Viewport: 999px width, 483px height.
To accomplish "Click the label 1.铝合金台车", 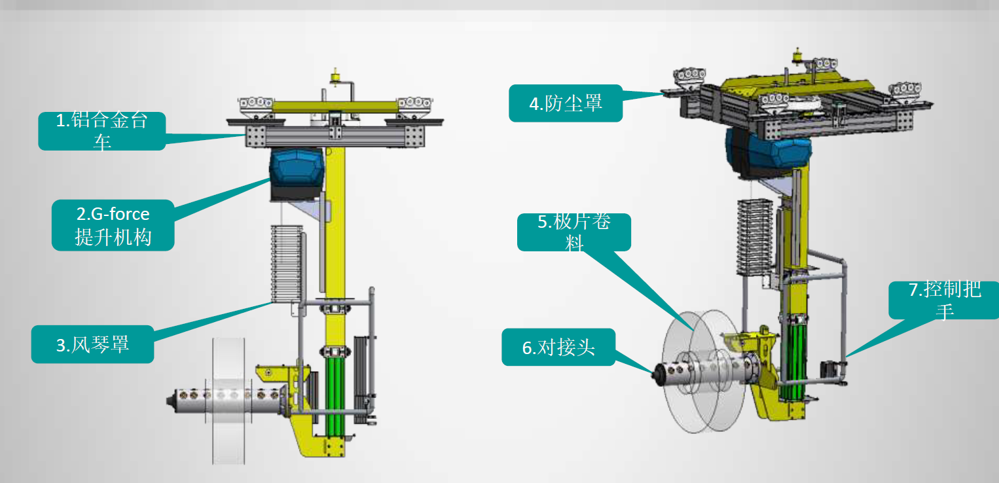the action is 102,131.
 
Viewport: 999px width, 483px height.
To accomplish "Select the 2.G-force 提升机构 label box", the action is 113,225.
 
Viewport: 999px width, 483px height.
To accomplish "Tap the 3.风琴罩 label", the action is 93,344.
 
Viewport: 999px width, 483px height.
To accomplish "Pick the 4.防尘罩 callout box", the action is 566,103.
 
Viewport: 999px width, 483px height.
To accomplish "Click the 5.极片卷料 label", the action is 574,232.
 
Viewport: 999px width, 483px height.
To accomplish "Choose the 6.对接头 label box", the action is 558,348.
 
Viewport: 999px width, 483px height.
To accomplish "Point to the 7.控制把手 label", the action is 944,300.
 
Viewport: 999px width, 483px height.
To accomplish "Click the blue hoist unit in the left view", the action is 297,174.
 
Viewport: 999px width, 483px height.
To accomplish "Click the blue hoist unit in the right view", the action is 768,153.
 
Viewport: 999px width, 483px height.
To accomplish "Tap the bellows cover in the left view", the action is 287,264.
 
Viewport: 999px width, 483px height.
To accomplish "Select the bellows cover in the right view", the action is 755,237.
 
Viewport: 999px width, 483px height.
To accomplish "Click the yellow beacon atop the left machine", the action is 335,77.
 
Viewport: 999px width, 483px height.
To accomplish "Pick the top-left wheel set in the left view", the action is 256,107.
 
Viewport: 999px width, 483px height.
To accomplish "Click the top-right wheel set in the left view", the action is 414,107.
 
